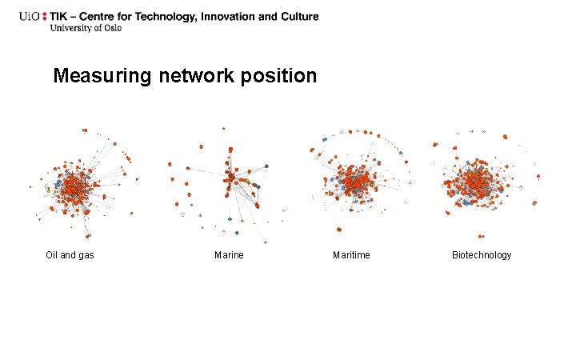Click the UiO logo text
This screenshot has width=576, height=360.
pos(30,16)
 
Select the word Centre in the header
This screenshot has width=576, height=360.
pos(109,16)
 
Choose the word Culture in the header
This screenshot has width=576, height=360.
pos(298,16)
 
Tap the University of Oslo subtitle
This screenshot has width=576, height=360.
pos(86,28)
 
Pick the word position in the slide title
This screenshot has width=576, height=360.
pos(282,77)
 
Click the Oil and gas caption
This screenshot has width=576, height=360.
pos(70,255)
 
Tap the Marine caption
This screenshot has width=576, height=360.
pos(229,255)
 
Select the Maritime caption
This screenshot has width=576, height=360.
pos(351,255)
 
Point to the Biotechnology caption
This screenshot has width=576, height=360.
pos(482,255)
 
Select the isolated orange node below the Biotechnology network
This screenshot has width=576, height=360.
pos(481,236)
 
